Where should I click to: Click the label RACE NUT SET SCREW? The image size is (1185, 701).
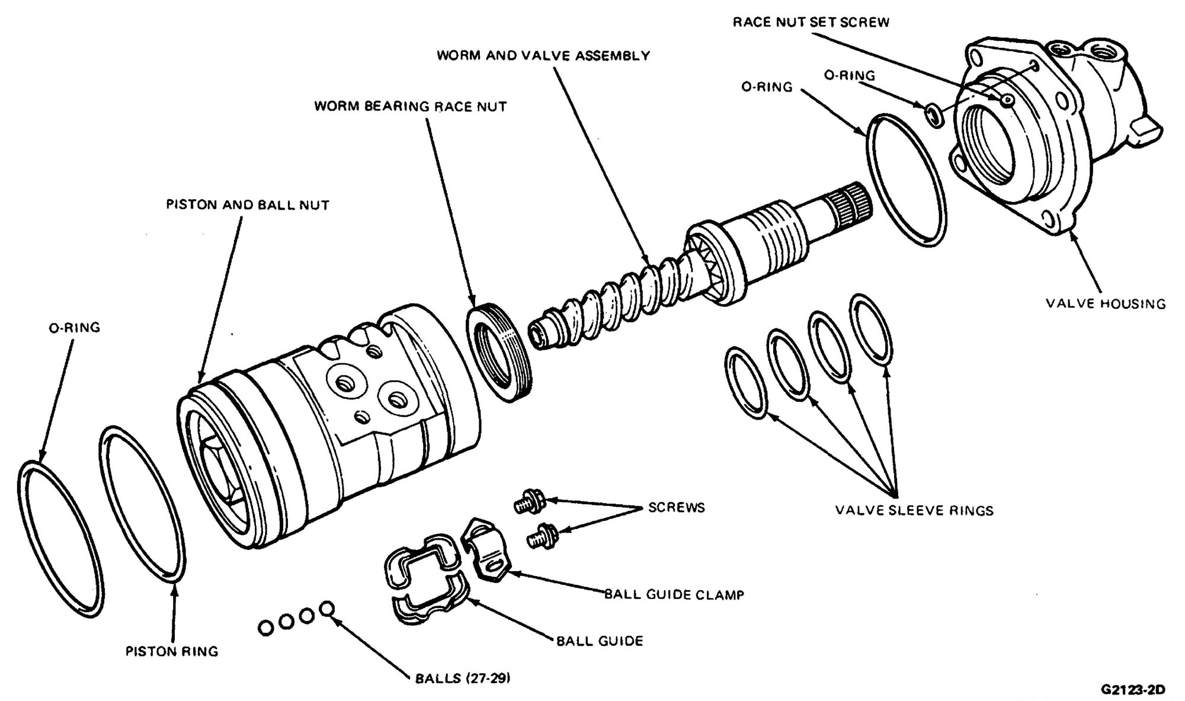coord(811,23)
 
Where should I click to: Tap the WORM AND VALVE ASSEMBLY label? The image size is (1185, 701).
coord(543,56)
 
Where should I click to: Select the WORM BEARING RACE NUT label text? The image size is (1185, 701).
coord(410,107)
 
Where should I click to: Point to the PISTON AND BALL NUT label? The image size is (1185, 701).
coord(247,205)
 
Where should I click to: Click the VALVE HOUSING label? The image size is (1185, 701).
coord(1105,304)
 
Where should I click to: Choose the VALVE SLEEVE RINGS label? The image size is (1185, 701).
coord(914,510)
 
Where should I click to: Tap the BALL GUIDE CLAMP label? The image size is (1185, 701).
coord(674,594)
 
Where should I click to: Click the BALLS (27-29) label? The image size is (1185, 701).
coord(462,678)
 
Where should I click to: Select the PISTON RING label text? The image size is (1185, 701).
coord(172,652)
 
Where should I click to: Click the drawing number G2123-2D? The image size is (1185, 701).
coord(1132,690)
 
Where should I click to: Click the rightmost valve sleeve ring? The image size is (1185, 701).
coord(870,330)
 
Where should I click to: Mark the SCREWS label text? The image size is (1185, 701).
coord(676,508)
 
